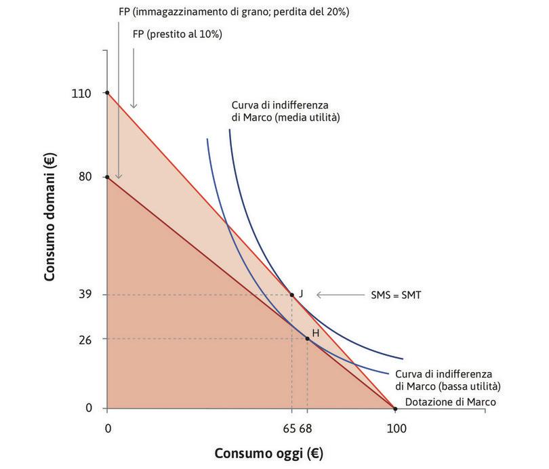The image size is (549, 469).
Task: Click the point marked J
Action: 292,294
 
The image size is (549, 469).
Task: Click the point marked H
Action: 307,338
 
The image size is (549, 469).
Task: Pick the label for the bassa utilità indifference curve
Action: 447,380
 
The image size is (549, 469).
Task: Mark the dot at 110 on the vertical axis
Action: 107,92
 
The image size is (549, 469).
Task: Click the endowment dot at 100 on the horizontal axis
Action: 396,409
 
